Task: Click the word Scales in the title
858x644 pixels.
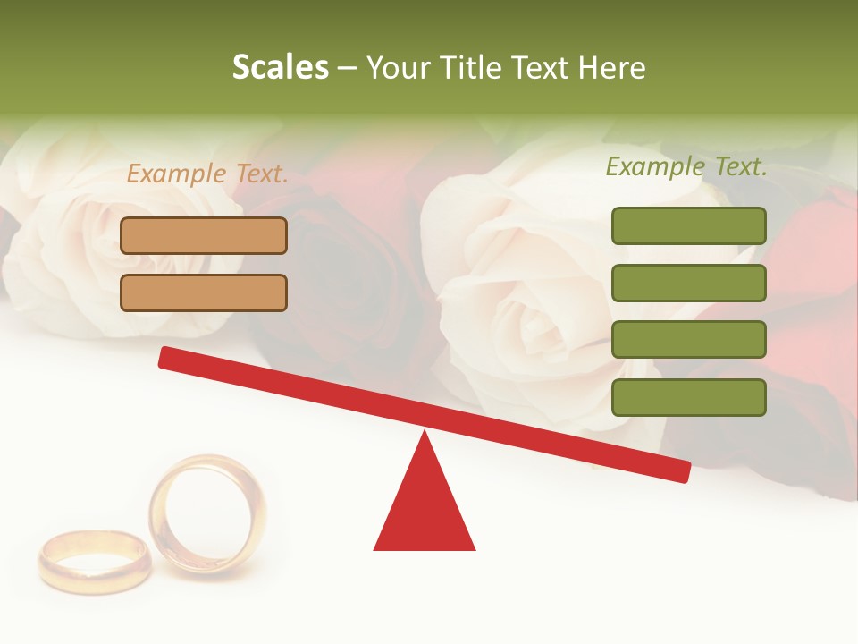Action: coord(280,67)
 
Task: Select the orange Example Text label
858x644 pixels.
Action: coord(207,174)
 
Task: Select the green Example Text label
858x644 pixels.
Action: coord(686,166)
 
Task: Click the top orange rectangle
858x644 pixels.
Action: coord(204,235)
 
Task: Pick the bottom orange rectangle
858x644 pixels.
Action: coord(204,292)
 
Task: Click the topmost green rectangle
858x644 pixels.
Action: coord(688,225)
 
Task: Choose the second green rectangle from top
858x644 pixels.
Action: coord(688,283)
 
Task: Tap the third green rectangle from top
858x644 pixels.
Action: coord(688,340)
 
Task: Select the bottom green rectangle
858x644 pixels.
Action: coord(688,397)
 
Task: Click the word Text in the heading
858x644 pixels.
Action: coord(543,68)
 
